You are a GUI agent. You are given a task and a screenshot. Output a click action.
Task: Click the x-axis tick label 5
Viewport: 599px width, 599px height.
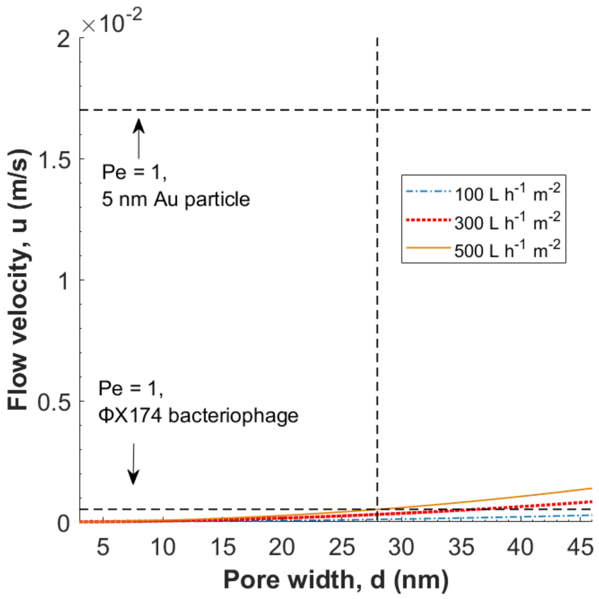(x=103, y=547)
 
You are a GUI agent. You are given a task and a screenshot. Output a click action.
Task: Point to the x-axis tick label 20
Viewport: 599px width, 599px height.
(x=281, y=547)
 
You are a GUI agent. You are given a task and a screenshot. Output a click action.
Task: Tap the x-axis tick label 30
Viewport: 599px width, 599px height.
(x=401, y=547)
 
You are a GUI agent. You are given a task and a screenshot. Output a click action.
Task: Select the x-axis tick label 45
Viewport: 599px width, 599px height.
(x=580, y=547)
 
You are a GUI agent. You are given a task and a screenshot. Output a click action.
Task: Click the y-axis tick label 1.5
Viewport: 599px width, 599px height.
(x=54, y=160)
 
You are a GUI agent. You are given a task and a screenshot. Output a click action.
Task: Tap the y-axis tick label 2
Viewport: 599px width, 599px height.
(x=64, y=39)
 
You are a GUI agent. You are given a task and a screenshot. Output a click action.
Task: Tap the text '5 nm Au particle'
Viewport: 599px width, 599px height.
(x=176, y=199)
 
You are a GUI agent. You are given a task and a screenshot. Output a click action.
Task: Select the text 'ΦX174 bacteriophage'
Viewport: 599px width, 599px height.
(x=198, y=415)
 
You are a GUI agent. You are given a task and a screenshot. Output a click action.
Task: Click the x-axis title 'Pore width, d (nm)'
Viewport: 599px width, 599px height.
(x=336, y=580)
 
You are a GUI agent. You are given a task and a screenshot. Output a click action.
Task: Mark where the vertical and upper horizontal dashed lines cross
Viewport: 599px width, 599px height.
(x=377, y=110)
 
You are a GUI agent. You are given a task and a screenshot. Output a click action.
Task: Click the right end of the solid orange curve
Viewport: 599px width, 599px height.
(x=591, y=488)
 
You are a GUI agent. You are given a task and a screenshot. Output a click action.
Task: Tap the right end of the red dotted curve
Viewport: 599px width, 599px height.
(x=591, y=502)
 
